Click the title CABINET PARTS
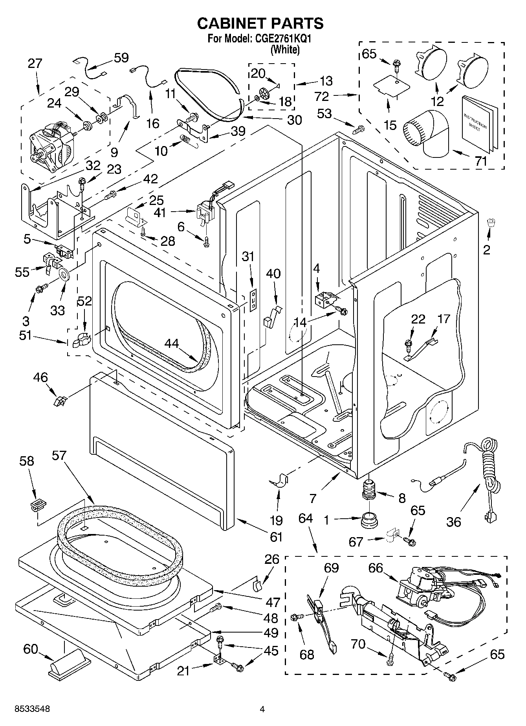[260, 24]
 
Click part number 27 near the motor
[35, 64]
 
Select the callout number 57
[59, 455]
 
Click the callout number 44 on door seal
[172, 343]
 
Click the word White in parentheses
[286, 49]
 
